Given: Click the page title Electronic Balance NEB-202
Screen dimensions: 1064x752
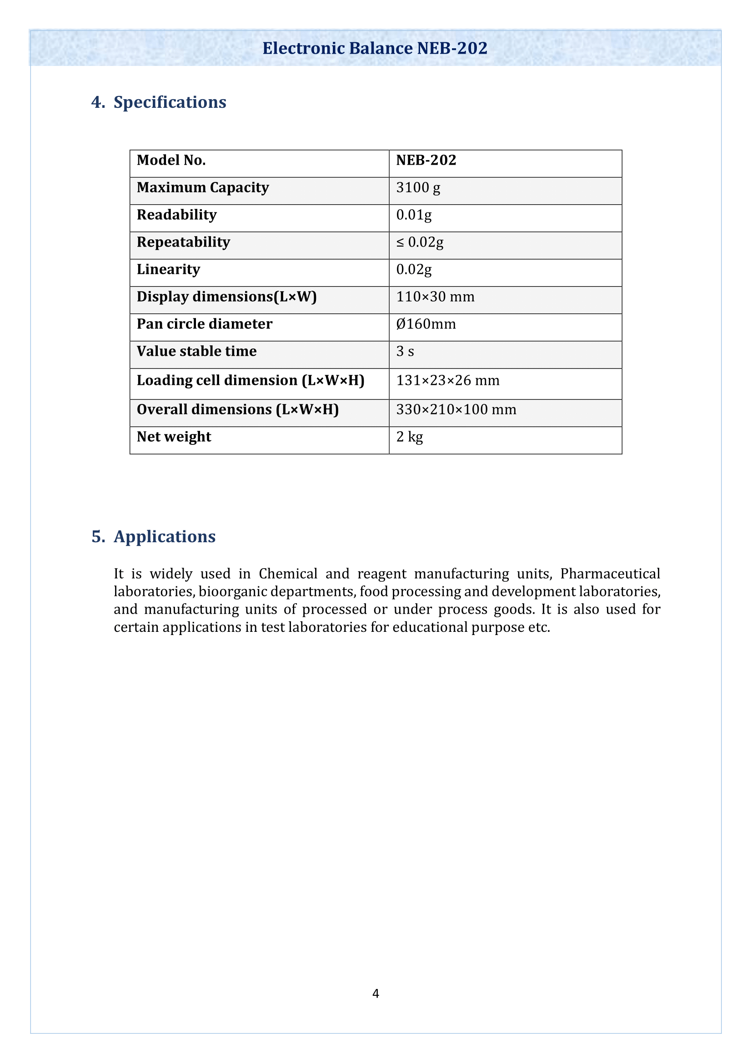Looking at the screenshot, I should point(375,48).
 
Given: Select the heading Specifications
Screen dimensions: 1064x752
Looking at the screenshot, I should point(170,102).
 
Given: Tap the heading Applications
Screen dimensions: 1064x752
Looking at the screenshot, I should point(165,537).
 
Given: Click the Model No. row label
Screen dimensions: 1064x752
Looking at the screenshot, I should point(171,160).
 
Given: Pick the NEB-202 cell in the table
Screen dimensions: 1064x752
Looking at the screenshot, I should point(426,160).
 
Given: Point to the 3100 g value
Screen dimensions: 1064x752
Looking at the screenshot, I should point(418,188).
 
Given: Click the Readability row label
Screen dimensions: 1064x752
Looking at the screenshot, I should point(176,215).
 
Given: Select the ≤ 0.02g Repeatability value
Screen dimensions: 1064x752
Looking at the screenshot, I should point(420,242).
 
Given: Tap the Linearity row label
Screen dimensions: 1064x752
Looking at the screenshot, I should point(168,270).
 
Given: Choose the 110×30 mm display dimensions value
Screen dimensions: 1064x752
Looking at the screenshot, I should point(435,297).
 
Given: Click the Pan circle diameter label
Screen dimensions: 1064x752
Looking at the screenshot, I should point(204,324).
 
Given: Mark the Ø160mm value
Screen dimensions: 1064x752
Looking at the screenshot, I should point(426,324).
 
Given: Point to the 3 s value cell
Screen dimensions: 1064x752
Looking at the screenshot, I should point(405,352).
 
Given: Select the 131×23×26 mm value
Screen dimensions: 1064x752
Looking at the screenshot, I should point(448,381).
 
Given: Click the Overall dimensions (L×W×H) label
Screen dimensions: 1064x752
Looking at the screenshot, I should point(237,410).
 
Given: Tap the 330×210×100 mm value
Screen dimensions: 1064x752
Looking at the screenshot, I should point(456,410).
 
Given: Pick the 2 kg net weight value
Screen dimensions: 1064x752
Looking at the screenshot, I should point(409,437).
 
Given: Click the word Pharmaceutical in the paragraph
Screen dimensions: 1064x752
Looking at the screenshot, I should point(610,574).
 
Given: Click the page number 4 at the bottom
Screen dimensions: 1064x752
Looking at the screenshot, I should point(376,993).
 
